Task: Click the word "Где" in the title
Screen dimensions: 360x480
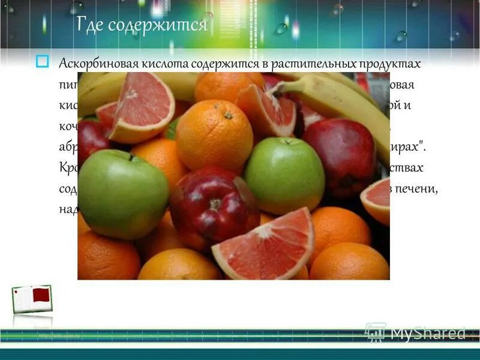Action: pyautogui.click(x=91, y=25)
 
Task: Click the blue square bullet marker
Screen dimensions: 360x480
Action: pyautogui.click(x=42, y=61)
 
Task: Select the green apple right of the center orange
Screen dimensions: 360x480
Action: pyautogui.click(x=284, y=174)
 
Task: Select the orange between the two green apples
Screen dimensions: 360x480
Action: pyautogui.click(x=214, y=135)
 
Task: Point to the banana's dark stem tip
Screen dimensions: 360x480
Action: pyautogui.click(x=277, y=89)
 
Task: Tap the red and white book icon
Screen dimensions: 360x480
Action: pyautogui.click(x=32, y=299)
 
